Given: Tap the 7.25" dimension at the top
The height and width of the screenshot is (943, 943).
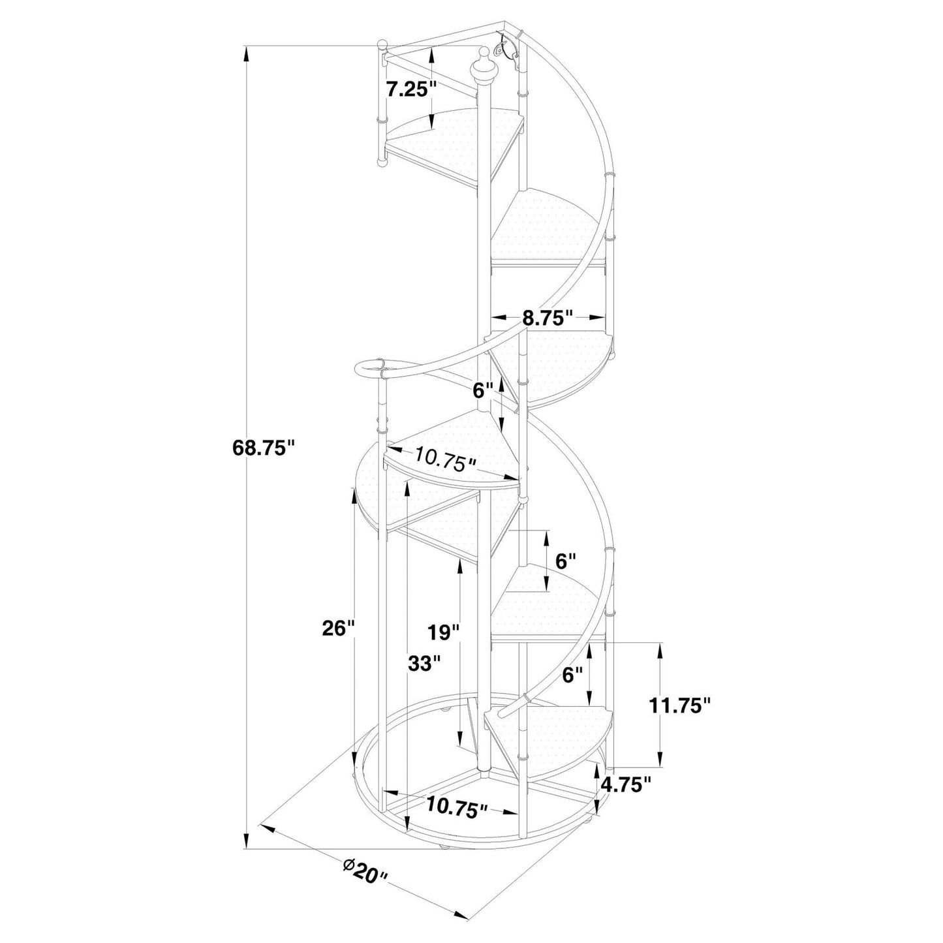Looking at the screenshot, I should tap(410, 89).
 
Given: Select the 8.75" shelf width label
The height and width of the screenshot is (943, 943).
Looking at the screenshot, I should tap(548, 318).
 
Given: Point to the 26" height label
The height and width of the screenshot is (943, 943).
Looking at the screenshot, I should tap(338, 628).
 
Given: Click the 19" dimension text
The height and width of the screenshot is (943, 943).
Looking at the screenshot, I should tap(444, 632).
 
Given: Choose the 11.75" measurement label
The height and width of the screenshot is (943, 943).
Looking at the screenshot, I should tap(679, 705).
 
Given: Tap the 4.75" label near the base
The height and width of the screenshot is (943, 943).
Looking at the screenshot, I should tap(626, 784).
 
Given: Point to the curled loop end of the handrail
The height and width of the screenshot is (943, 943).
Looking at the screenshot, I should tap(370, 367).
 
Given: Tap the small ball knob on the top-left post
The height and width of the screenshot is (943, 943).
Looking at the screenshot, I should tap(383, 46).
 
